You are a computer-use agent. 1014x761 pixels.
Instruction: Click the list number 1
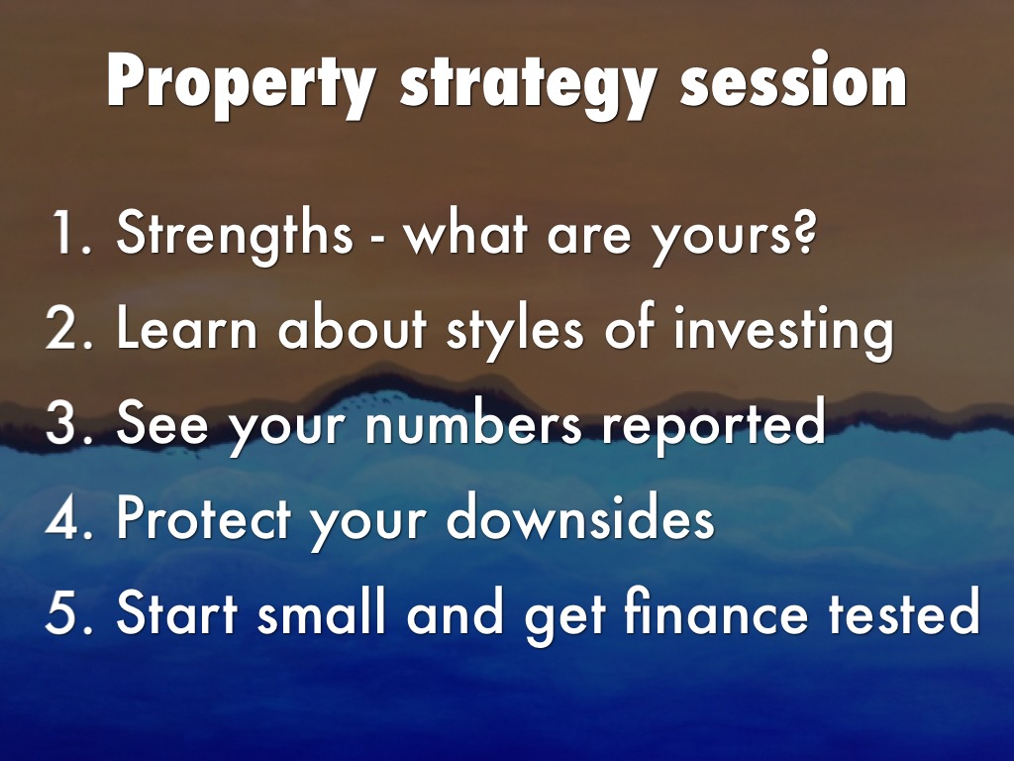point(70,232)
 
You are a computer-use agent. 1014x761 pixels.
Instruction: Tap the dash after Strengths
point(377,238)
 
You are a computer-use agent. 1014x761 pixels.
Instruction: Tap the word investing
point(783,331)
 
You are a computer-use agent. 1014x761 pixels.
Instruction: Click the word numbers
point(473,421)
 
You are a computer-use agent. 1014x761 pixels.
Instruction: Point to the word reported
point(713,425)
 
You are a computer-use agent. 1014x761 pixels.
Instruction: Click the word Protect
point(203,517)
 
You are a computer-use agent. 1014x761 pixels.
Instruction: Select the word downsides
point(580,516)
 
